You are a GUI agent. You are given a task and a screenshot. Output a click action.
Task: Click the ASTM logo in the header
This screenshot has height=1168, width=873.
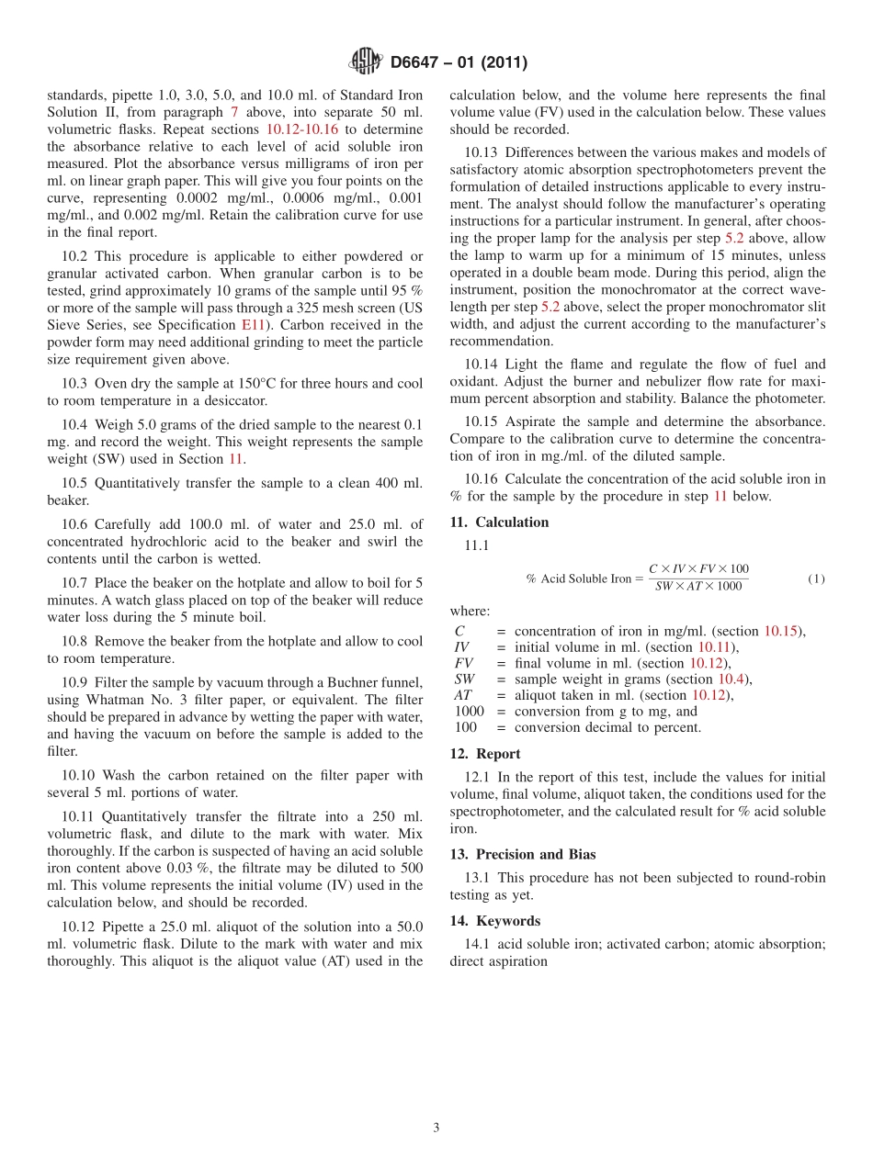(x=366, y=62)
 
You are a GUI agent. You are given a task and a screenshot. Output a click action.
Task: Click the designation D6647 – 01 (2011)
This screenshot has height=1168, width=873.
(x=459, y=63)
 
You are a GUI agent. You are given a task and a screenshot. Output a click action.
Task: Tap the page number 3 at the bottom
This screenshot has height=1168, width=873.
(x=436, y=1128)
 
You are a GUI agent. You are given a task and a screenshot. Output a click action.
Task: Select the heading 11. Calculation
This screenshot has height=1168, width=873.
(x=499, y=522)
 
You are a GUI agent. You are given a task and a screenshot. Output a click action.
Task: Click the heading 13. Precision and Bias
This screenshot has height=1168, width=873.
(x=522, y=854)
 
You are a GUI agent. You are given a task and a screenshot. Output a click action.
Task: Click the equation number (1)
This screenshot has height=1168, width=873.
(x=816, y=578)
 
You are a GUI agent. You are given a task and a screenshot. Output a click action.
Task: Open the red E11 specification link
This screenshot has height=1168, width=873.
(x=252, y=325)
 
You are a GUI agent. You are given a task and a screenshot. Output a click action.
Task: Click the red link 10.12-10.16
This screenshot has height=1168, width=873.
(x=301, y=129)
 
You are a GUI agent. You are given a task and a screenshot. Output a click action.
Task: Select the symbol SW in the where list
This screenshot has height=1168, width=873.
(x=464, y=679)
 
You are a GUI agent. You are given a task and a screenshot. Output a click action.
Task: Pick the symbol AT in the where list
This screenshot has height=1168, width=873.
(x=463, y=695)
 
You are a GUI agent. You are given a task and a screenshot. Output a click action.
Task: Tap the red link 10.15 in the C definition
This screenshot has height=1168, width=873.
(x=783, y=631)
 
